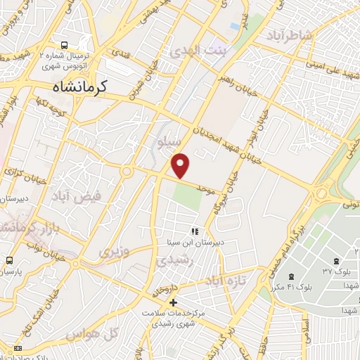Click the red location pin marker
[181, 165]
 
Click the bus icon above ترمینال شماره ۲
[65, 43]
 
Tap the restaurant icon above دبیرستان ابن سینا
[195, 231]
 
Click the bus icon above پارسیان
[8, 259]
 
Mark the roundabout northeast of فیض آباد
[127, 171]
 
